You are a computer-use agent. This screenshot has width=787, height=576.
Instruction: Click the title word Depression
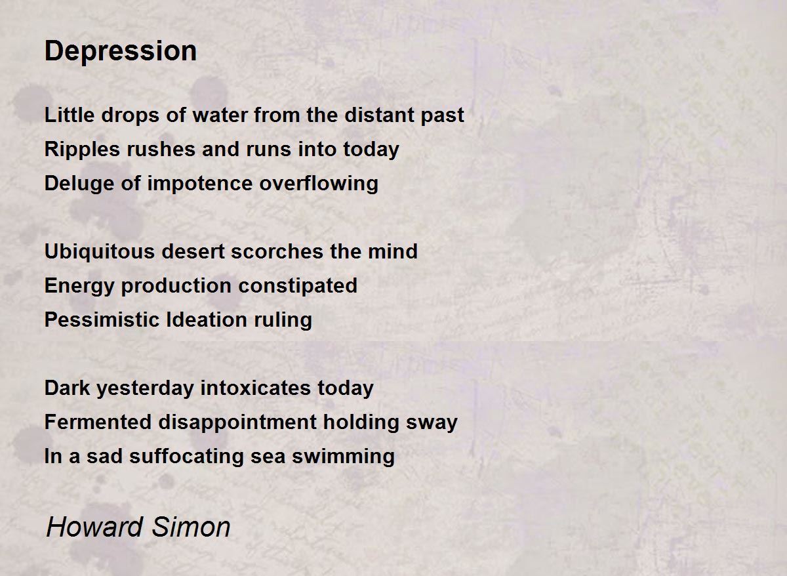click(121, 51)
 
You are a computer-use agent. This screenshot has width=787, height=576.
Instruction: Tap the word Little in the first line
click(64, 115)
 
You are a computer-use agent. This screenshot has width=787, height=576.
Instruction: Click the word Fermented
click(98, 422)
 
